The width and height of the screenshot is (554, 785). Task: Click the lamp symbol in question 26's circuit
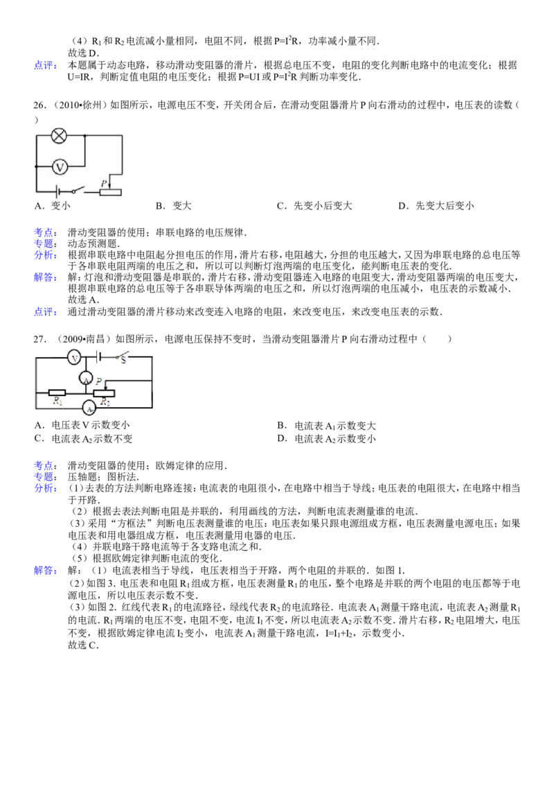(x=60, y=135)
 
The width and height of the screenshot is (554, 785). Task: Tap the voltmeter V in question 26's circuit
(x=60, y=166)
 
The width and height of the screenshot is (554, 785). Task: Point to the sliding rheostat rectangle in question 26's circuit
(x=110, y=192)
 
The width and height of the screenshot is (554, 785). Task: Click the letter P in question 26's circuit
(x=103, y=183)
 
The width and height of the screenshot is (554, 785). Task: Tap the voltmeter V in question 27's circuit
(x=75, y=358)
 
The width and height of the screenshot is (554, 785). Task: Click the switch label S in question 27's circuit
(x=123, y=359)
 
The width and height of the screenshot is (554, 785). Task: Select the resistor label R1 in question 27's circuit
(x=57, y=401)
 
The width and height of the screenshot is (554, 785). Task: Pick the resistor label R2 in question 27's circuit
(x=105, y=402)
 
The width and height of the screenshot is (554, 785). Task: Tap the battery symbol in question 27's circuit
(x=99, y=357)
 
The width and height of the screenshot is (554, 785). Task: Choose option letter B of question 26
(x=159, y=206)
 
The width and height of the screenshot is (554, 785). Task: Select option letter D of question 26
(x=402, y=206)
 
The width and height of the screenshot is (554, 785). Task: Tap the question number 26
(x=39, y=105)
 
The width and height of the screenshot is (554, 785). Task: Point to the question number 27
(x=39, y=339)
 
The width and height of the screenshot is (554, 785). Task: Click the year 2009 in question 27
(x=73, y=339)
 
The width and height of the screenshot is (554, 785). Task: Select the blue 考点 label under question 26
(x=44, y=232)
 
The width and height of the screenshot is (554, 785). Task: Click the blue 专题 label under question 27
(x=44, y=477)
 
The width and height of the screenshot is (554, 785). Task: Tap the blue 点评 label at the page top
(x=44, y=65)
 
